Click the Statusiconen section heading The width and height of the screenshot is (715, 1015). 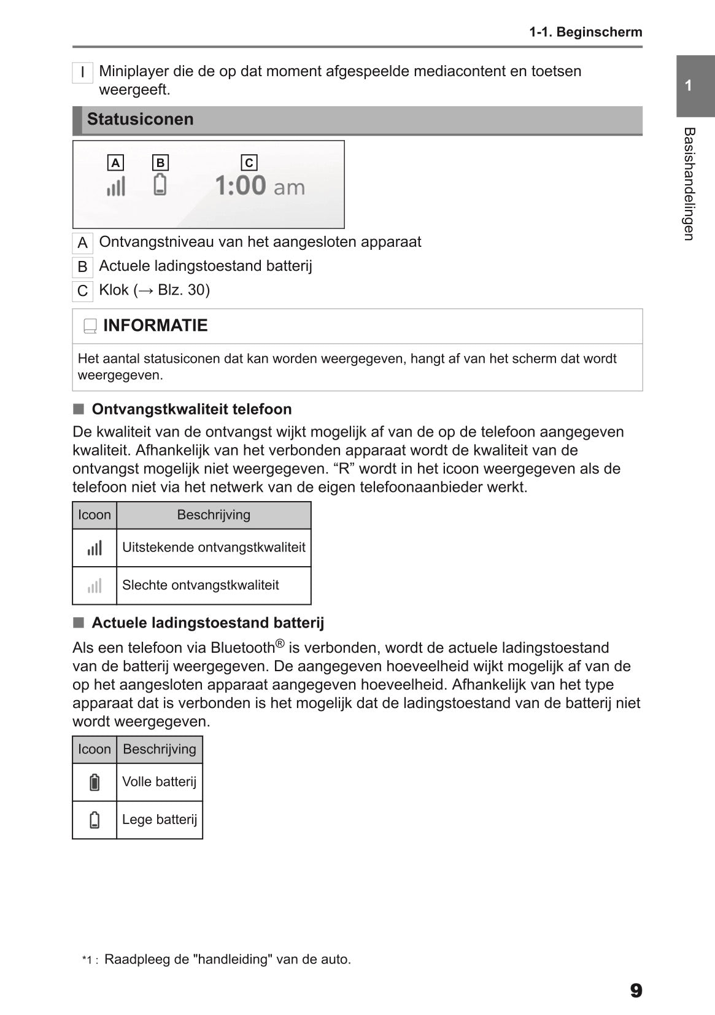pos(140,119)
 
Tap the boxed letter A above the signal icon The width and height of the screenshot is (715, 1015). pos(115,163)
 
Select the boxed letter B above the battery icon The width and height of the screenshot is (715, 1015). pos(160,163)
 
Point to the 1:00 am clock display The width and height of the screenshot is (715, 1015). pos(259,185)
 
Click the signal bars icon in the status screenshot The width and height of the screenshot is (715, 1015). pos(116,186)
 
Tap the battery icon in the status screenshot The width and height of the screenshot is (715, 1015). pos(160,184)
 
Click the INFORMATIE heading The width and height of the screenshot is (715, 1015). pos(155,325)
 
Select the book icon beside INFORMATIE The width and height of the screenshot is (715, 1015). pos(90,327)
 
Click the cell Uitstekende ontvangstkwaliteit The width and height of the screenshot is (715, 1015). pos(214,547)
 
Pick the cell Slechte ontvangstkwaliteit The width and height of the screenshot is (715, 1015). pos(201,585)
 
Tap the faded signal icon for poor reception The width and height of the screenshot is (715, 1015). pos(95,586)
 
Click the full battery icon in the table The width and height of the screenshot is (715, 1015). pos(95,782)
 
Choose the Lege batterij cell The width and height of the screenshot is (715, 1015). pos(160,820)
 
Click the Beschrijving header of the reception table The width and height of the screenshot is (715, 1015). pos(214,515)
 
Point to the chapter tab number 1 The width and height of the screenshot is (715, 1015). pos(689,86)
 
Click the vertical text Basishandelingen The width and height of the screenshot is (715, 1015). pos(689,184)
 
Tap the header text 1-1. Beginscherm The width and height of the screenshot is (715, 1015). pos(586,32)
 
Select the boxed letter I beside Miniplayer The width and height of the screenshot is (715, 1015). pos(82,72)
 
